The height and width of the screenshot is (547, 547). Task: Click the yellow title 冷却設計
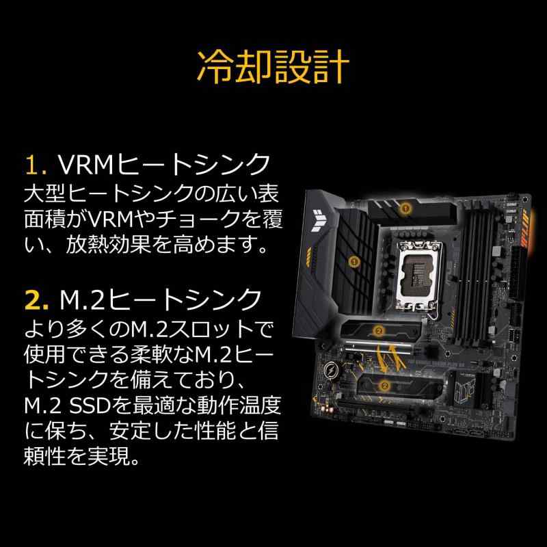273,66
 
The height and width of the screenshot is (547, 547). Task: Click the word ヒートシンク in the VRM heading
193,164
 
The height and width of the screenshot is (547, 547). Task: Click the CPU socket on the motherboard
418,275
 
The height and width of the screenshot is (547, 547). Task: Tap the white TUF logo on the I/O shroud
319,220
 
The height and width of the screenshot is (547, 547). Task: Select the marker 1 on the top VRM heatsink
405,209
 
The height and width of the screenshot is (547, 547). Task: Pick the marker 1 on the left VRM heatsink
354,261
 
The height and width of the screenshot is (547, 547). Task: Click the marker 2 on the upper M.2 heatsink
379,331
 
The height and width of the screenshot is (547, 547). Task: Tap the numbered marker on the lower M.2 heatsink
385,386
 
